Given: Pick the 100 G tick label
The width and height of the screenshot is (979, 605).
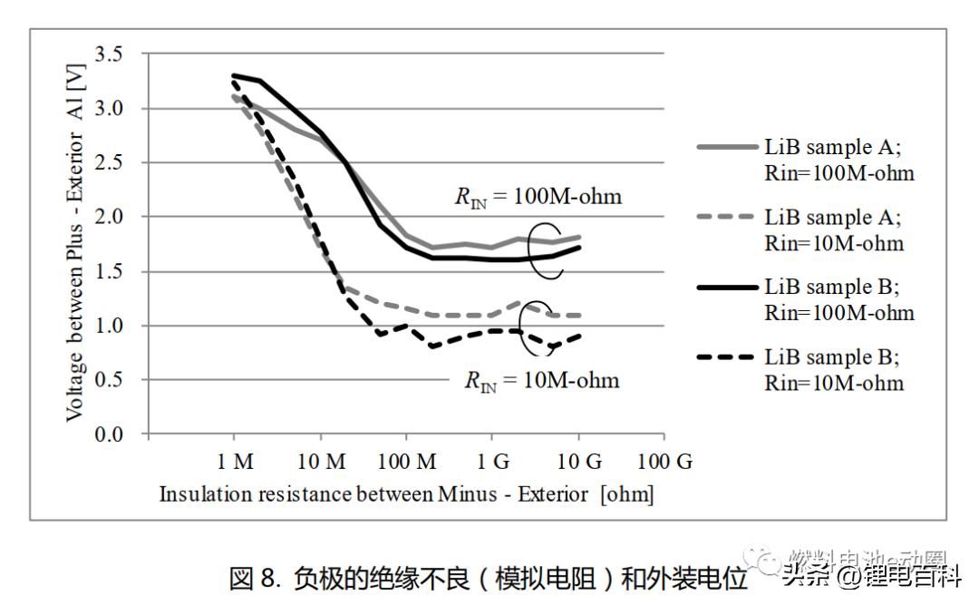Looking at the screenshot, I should click(664, 462).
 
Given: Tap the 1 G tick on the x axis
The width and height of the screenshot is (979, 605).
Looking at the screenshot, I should click(492, 462).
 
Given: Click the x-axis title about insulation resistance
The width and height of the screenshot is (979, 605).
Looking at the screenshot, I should click(406, 494).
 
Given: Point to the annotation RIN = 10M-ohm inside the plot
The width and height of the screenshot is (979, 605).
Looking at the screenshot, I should click(541, 379).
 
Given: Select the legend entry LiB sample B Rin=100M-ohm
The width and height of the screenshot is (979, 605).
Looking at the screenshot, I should click(838, 300).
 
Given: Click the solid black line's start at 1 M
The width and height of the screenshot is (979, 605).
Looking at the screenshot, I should click(235, 75).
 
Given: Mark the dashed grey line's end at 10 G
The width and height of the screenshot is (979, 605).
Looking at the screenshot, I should click(578, 315).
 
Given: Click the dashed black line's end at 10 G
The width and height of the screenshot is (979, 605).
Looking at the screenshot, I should click(578, 336).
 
